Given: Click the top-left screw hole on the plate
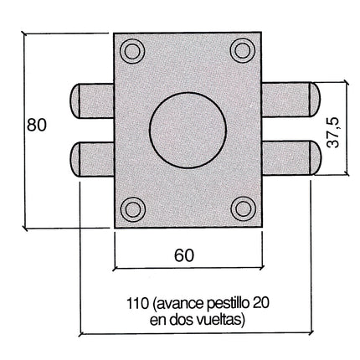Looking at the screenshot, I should coord(131,53).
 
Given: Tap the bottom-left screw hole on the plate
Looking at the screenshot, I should coord(131,208).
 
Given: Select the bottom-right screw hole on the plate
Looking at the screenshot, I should coord(243,208).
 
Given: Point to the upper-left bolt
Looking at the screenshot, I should coord(90,100).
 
